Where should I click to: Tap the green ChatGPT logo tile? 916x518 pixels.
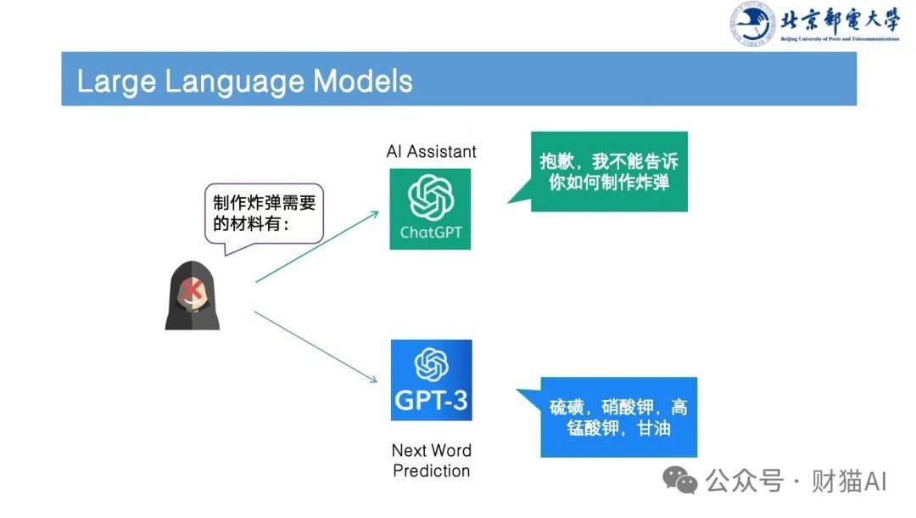click(x=430, y=209)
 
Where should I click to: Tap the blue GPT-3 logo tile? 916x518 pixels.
click(x=431, y=380)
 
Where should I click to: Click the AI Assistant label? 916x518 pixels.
click(x=431, y=152)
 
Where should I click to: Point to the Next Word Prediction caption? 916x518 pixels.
click(x=431, y=460)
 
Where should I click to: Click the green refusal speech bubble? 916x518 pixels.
click(x=608, y=172)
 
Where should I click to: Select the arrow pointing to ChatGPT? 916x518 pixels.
click(x=316, y=247)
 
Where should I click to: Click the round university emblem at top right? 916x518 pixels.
click(x=752, y=24)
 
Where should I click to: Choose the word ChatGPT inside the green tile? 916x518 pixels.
click(x=430, y=232)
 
